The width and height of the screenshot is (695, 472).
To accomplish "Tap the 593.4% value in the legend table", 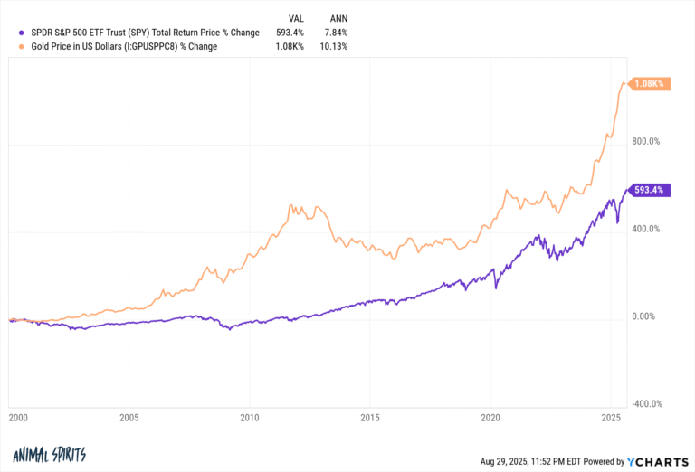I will pos(288,33).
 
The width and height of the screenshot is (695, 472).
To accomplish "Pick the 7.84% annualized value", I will pos(334,33).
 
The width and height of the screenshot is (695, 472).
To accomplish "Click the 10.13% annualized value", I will pos(332,46).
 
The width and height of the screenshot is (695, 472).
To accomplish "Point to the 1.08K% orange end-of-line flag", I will pos(650,83).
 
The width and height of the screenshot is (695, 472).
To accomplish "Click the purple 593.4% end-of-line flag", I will pos(651,191).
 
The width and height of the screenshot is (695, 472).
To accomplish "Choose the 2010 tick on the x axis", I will pos(250,420).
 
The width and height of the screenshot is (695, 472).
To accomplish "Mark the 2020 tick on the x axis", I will pos(490,420).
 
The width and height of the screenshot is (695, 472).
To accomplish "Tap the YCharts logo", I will pos(658,461).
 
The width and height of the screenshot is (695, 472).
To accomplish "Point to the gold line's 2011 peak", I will pos(290,206).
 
